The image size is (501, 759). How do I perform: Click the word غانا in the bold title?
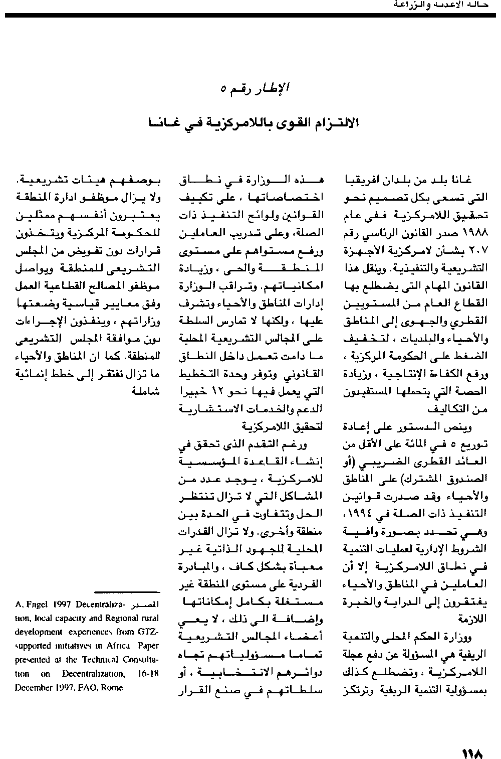pos(159,123)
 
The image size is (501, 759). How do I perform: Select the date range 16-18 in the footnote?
pos(149,674)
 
